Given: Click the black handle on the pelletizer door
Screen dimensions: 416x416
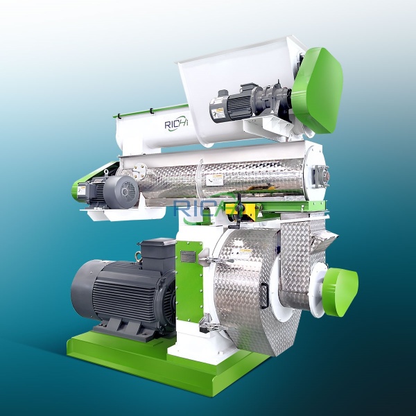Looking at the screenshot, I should click(x=264, y=294).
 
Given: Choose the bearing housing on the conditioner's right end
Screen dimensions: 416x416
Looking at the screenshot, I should click(x=318, y=174).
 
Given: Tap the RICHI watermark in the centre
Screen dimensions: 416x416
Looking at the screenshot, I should click(x=208, y=207).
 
